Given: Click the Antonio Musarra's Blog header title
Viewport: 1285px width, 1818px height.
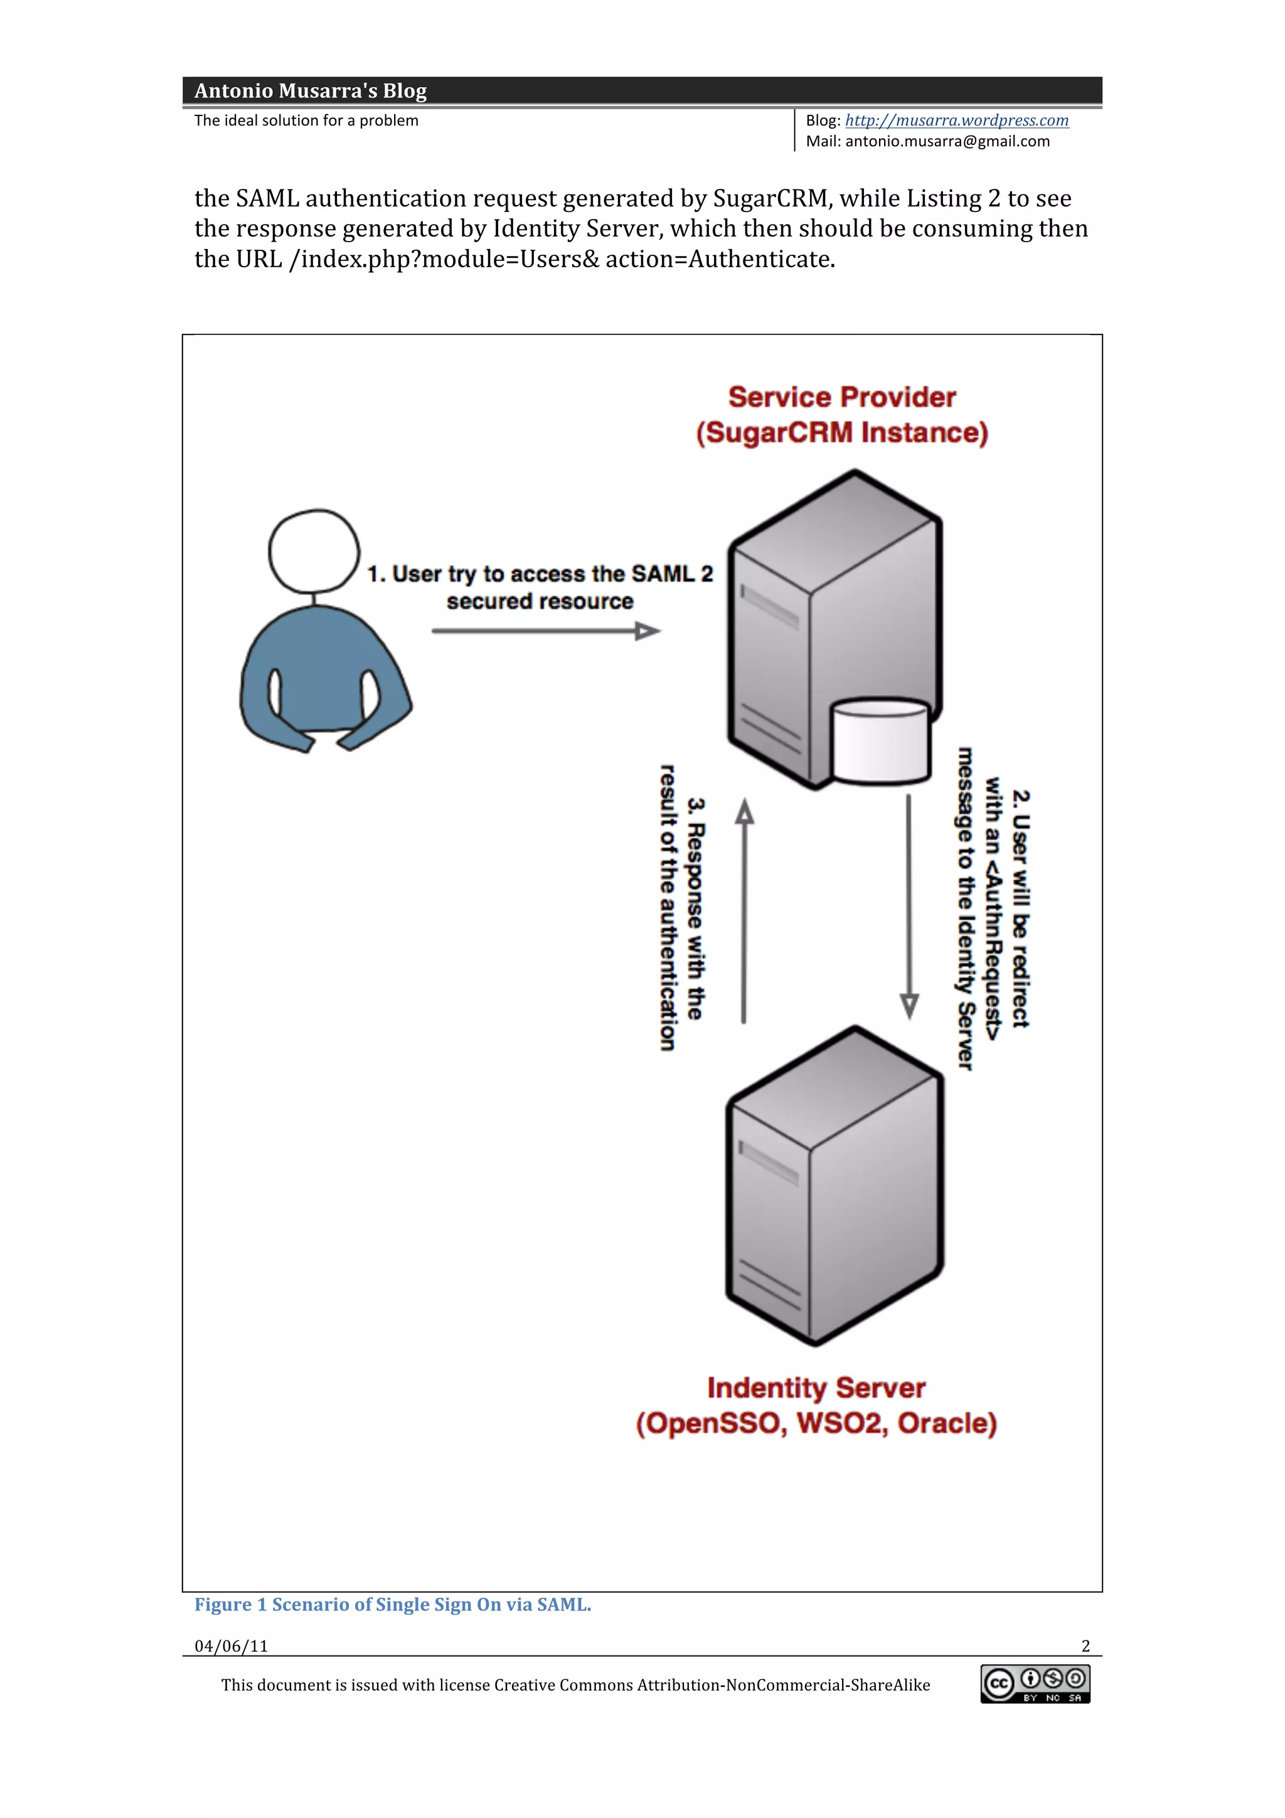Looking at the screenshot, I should [x=311, y=90].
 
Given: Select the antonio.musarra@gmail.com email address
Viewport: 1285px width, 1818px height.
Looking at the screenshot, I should [x=947, y=142].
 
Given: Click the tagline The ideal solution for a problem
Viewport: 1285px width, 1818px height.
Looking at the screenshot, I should [x=306, y=120].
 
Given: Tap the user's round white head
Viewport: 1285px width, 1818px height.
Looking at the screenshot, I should [x=314, y=551].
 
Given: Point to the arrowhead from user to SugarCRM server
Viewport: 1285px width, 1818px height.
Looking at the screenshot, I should [x=648, y=631].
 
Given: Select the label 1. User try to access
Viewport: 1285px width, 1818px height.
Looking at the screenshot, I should [x=540, y=574].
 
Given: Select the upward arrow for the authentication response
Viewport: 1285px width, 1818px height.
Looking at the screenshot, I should [x=744, y=911].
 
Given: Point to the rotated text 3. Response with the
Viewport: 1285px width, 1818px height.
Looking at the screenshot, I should [x=695, y=908].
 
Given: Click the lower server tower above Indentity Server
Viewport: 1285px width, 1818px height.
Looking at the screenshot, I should [x=834, y=1188].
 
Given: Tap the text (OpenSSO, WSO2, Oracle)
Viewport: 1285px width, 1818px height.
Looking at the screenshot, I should [x=816, y=1423].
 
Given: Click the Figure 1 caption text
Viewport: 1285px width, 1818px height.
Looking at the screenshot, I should [x=393, y=1604].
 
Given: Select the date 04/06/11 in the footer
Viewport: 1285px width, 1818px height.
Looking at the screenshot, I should [x=231, y=1646].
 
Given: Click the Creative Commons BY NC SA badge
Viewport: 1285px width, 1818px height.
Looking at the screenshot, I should [x=1035, y=1684].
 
